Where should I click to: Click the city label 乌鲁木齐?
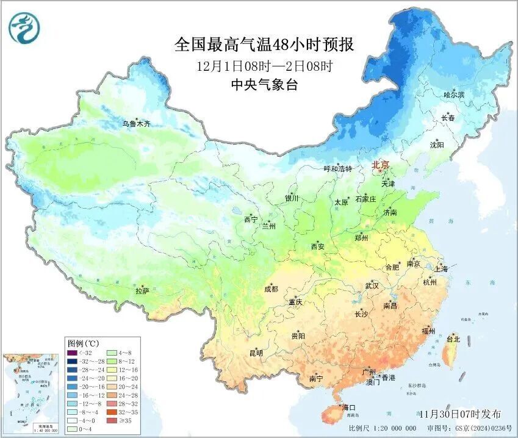135,124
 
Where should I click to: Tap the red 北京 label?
381,165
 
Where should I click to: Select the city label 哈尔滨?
454,95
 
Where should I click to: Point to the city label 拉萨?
142,292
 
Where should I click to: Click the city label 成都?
271,289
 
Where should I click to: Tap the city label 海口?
348,407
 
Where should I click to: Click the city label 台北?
453,339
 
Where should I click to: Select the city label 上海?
441,269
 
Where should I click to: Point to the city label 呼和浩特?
337,169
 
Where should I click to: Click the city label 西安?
318,246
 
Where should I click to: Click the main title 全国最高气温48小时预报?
264,44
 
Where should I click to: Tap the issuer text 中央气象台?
264,85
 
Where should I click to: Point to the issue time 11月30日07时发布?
464,413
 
